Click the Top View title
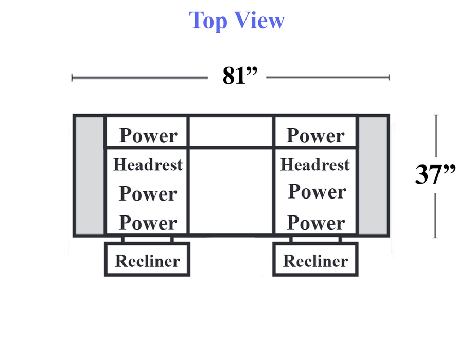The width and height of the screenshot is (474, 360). (237, 21)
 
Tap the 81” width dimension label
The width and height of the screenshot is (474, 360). (240, 76)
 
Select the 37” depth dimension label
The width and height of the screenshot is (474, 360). (435, 174)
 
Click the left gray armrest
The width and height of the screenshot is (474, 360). (89, 175)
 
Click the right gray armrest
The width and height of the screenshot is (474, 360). (373, 175)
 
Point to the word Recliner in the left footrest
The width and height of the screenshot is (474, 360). (148, 261)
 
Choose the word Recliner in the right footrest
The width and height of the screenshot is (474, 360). (315, 261)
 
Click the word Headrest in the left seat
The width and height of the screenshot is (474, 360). (148, 165)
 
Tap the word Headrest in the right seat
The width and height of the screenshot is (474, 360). (315, 165)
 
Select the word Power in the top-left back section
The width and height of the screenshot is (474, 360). (148, 135)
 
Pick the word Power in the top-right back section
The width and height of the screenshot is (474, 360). (315, 135)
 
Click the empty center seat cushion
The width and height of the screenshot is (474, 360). (231, 191)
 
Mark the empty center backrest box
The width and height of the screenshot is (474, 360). (231, 131)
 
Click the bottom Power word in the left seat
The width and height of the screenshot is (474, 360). (148, 223)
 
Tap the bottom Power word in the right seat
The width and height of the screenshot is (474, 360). (316, 223)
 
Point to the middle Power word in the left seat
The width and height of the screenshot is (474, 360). (148, 193)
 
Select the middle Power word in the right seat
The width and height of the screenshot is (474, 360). (317, 191)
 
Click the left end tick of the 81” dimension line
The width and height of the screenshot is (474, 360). (72, 78)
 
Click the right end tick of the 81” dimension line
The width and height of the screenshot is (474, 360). (390, 77)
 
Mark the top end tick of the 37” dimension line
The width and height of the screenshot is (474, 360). (436, 115)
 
